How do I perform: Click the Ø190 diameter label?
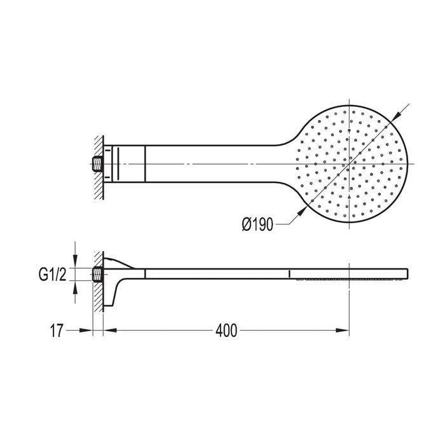[257, 224]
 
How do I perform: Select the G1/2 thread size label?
[52, 275]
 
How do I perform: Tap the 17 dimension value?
[56, 331]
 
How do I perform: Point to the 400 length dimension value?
[226, 331]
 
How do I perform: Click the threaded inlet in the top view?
[96, 164]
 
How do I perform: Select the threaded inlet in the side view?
[97, 275]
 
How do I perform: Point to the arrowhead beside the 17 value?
[88, 331]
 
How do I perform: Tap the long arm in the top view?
[210, 164]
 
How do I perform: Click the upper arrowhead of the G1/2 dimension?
[75, 262]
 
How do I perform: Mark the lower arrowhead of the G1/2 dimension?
[75, 287]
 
